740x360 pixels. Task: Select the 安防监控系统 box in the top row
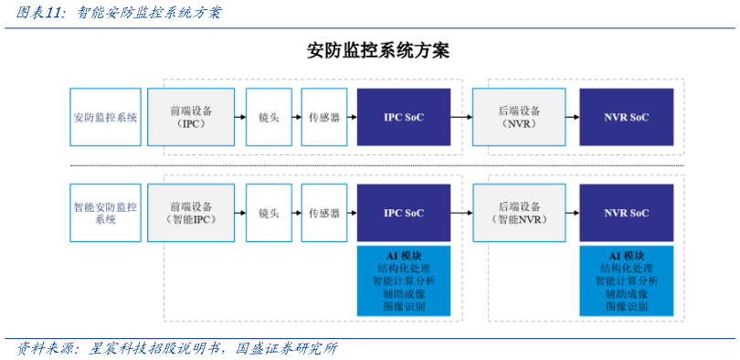pos(106,117)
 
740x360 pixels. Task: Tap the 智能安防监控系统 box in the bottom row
pos(106,213)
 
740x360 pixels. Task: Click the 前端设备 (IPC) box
pos(191,117)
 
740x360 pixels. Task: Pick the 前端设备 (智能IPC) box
pos(191,213)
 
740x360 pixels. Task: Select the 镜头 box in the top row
pos(269,117)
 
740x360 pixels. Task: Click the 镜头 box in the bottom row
pos(269,213)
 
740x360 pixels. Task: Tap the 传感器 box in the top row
pos(324,117)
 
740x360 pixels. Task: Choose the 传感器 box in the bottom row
pos(324,213)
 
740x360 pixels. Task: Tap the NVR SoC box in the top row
pos(627,117)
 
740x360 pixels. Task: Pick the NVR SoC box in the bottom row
pos(627,213)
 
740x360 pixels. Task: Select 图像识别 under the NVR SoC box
pos(627,307)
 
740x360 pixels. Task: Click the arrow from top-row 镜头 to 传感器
pos(297,117)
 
